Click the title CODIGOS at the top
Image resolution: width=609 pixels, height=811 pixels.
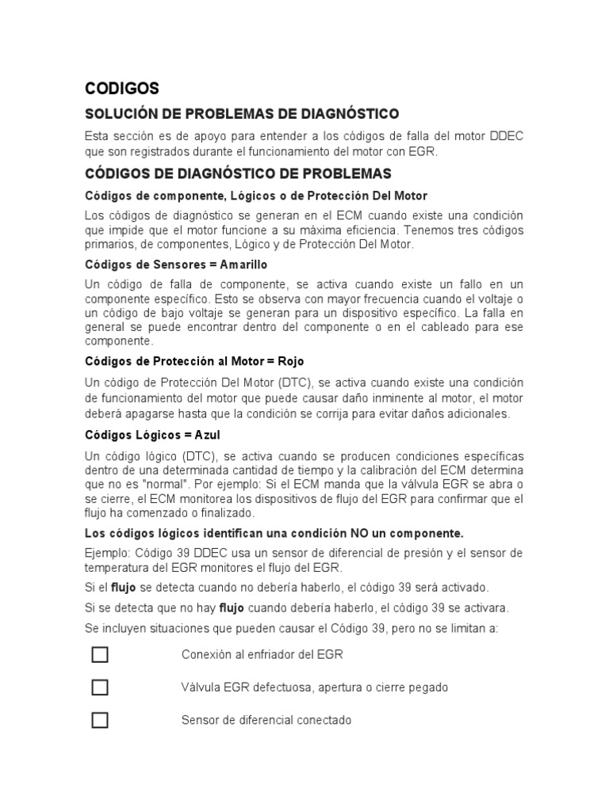[122, 88]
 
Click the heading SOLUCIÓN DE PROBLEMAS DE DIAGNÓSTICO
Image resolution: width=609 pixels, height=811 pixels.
[242, 114]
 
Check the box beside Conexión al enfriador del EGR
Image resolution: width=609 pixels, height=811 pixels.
[100, 655]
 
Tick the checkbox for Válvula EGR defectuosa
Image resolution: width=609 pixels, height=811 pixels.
[100, 687]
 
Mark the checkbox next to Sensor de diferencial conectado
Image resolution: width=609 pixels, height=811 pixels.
[100, 720]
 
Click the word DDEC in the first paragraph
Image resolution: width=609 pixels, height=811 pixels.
[506, 136]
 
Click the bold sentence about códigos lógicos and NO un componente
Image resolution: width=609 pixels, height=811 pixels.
[274, 533]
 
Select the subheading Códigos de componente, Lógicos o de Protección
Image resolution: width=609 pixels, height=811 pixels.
[255, 196]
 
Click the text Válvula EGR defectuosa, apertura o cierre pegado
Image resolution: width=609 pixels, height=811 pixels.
[314, 687]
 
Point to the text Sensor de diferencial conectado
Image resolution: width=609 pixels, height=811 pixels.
[266, 720]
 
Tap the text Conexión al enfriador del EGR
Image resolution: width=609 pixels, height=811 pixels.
[262, 655]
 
